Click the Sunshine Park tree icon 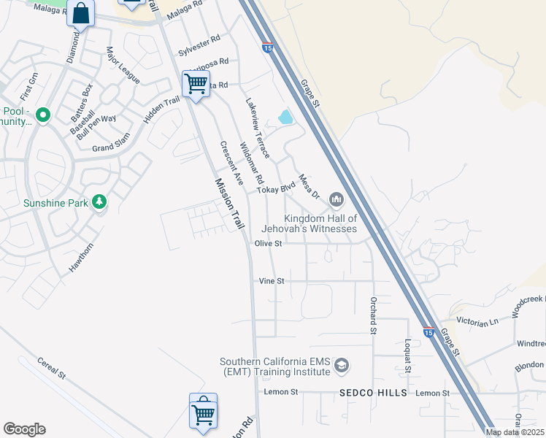pos(99,201)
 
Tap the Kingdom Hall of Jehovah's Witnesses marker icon pos(337,199)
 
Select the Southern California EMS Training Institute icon pos(341,365)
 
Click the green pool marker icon pos(42,115)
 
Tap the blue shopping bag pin pos(81,13)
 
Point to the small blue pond pos(285,117)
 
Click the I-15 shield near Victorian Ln pos(428,332)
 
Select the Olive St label pos(268,244)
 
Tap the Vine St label pos(271,280)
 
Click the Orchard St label pos(372,315)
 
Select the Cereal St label pos(51,369)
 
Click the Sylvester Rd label pos(199,46)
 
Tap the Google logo pos(24,429)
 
